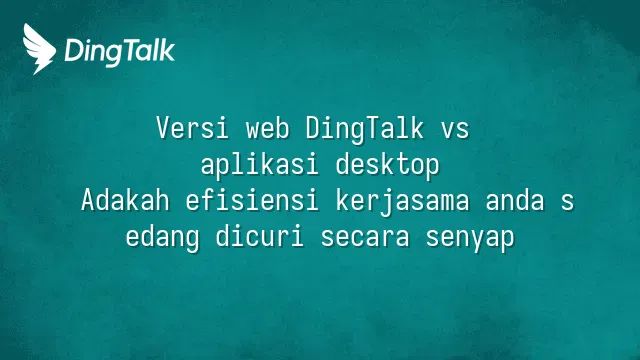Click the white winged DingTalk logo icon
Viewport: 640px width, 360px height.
[39, 49]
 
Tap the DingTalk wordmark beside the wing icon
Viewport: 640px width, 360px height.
[120, 52]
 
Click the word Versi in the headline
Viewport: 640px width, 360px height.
[192, 128]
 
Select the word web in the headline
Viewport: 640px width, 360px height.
[268, 128]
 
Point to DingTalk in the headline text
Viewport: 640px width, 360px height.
[364, 129]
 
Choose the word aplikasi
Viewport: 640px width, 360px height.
[259, 166]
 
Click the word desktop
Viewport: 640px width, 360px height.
[387, 166]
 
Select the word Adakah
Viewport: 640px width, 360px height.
[125, 200]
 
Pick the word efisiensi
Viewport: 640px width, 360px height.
[252, 200]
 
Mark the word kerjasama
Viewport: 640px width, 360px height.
[402, 202]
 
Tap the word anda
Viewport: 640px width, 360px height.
[515, 200]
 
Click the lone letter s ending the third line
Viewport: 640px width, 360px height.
[567, 203]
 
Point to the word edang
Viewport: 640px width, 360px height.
[162, 238]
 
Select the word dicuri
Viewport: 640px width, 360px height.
[260, 236]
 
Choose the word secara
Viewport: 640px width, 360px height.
[365, 239]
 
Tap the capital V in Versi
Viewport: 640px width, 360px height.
[162, 128]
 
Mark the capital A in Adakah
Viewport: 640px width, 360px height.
[88, 200]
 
